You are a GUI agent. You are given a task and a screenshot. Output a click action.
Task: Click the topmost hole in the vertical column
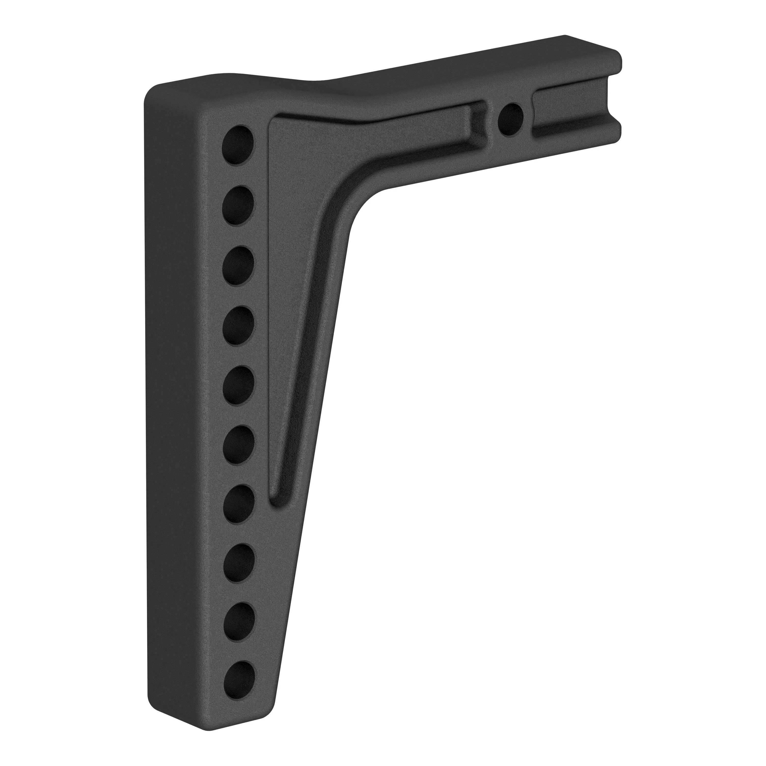pyautogui.click(x=238, y=145)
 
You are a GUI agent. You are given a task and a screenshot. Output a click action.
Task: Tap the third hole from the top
pyautogui.click(x=238, y=265)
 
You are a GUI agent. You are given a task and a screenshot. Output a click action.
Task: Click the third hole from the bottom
pyautogui.click(x=238, y=565)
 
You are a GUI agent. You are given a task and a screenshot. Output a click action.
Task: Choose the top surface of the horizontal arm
pyautogui.click(x=456, y=67)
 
